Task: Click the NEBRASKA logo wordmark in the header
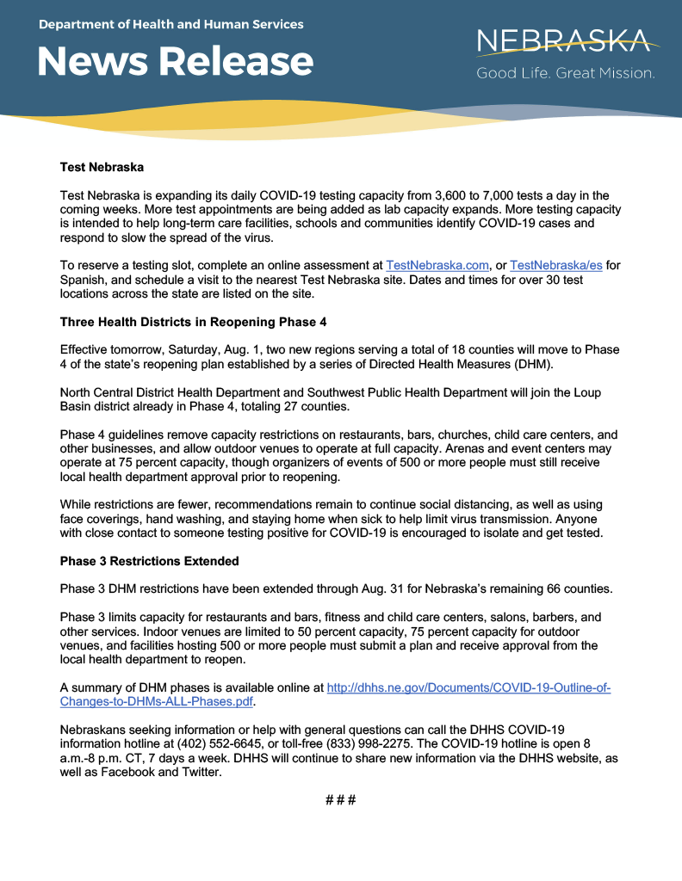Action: (x=567, y=40)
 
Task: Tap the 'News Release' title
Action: (x=176, y=61)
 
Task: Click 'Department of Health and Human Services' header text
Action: (x=170, y=24)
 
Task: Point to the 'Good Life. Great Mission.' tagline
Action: (x=566, y=74)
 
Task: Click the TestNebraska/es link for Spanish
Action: (x=555, y=266)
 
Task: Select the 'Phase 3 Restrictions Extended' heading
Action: (x=149, y=561)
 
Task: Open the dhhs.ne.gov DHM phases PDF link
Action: (x=468, y=688)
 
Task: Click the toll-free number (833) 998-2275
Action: (x=356, y=742)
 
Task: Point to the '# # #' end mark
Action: (x=341, y=800)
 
